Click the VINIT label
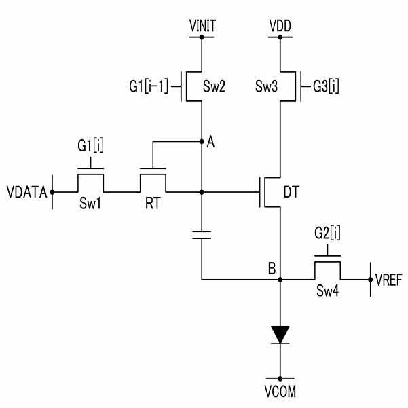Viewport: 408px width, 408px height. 202,26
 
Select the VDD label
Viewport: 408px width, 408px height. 280,26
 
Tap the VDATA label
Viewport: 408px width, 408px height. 26,192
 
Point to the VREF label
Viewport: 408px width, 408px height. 389,280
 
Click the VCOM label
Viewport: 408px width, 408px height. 280,391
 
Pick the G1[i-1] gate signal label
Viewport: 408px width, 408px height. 149,86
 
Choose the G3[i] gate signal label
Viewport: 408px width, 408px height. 326,86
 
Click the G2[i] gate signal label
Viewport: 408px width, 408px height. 327,233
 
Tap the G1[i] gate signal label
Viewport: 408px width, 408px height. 90,145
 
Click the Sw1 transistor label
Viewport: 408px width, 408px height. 90,203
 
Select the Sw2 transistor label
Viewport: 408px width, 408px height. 214,86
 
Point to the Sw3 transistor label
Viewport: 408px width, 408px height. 266,86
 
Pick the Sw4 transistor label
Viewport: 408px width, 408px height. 328,291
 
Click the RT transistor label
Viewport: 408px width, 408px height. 153,203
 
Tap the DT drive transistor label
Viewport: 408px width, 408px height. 291,192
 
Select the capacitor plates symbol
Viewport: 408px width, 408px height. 202,234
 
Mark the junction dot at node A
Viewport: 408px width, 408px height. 202,142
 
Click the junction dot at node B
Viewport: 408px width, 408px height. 280,280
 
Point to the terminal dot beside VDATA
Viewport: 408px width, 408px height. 52,192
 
